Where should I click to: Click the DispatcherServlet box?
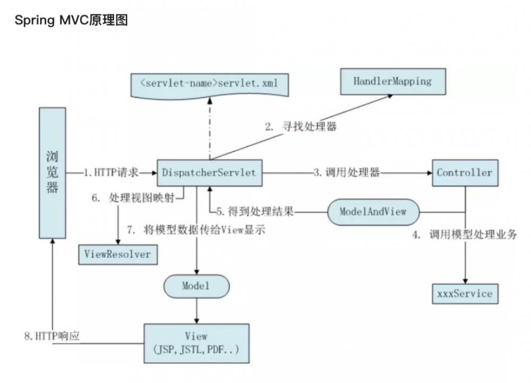209,172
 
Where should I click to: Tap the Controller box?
465,172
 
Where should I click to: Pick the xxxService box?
465,293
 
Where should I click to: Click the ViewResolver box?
117,254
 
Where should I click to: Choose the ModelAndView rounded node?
373,212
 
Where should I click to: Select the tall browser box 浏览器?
52,172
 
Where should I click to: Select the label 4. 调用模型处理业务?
465,234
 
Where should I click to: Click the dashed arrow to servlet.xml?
211,127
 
